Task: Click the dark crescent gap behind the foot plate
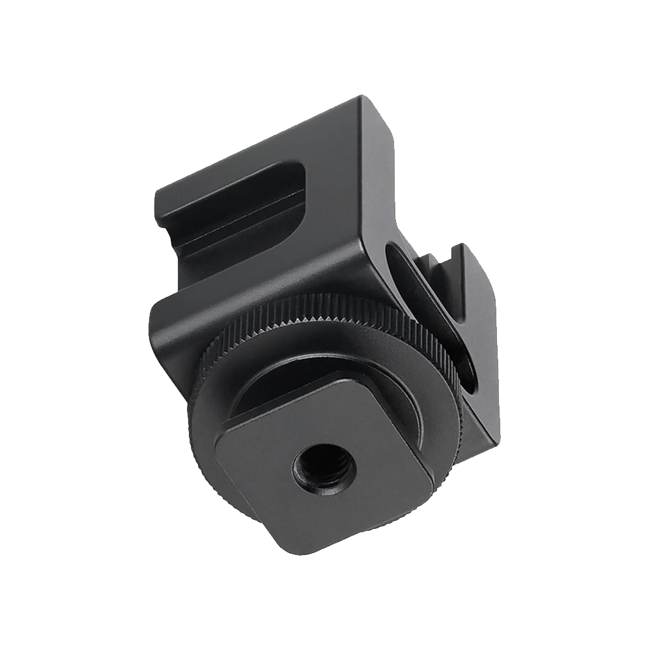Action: coord(274,391)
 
